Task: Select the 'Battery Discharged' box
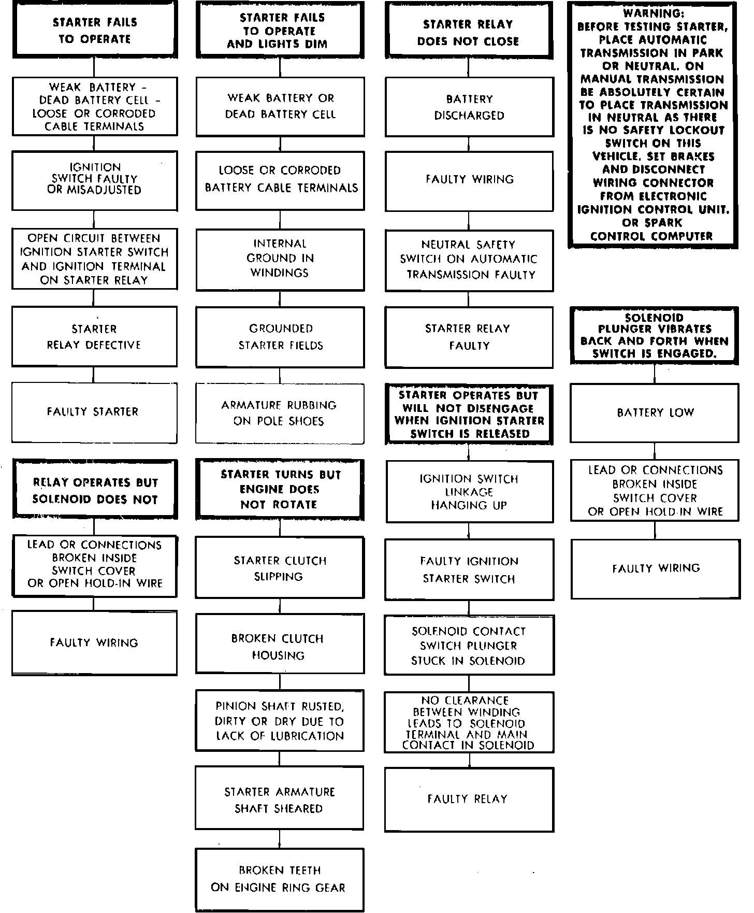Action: click(469, 107)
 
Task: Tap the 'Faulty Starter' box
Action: click(94, 412)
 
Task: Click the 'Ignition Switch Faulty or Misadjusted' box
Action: click(94, 179)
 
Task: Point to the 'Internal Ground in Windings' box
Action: click(280, 259)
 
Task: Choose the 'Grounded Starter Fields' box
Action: click(280, 337)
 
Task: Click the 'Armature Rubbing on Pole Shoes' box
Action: click(280, 413)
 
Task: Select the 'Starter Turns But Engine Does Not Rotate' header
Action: click(280, 489)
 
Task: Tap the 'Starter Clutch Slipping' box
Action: click(280, 568)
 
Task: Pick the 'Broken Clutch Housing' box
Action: click(280, 646)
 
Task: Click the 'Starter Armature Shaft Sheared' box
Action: click(280, 800)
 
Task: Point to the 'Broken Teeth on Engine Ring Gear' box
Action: click(280, 879)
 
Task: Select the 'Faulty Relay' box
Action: click(469, 799)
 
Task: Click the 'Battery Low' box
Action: click(655, 412)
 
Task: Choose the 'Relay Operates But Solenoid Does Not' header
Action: click(94, 490)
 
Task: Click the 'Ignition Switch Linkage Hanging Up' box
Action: click(469, 491)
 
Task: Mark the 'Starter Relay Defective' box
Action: click(94, 337)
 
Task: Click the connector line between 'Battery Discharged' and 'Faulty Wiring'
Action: click(469, 144)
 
